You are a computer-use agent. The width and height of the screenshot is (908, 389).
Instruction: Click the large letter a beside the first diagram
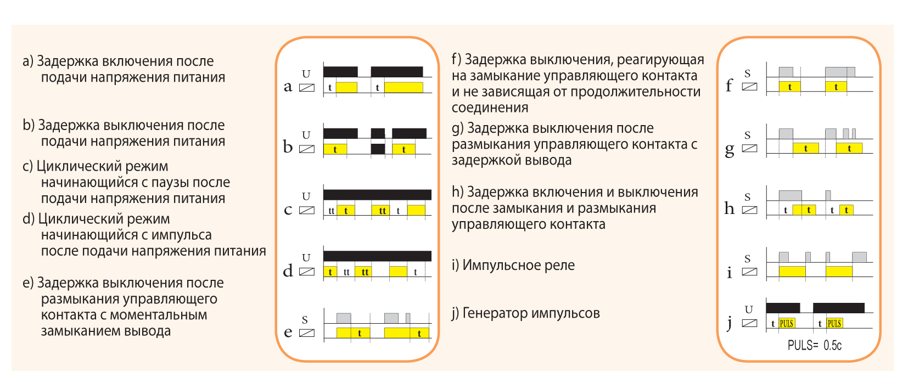[x=288, y=87]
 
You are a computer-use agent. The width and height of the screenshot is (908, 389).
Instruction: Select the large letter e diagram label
[x=288, y=332]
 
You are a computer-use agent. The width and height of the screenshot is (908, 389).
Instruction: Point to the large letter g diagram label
[x=729, y=150]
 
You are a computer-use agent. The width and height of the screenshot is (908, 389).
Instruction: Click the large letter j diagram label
[x=729, y=324]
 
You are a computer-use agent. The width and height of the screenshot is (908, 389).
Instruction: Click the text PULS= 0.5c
[x=814, y=346]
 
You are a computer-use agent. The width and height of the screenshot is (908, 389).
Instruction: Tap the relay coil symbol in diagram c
[x=307, y=210]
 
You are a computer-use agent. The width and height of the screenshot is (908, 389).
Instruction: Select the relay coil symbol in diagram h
[x=749, y=210]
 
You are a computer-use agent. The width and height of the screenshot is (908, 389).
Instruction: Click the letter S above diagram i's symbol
[x=748, y=258]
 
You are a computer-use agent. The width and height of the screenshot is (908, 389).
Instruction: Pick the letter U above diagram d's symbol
[x=306, y=258]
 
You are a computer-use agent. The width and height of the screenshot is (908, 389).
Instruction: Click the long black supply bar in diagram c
[x=377, y=194]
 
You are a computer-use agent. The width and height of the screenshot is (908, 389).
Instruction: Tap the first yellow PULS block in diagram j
[x=787, y=323]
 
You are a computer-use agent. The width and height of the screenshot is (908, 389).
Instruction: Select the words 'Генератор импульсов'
[x=531, y=313]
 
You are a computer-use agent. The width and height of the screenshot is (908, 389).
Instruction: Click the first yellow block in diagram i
[x=792, y=272]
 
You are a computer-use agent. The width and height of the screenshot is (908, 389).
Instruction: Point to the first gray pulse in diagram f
[x=786, y=72]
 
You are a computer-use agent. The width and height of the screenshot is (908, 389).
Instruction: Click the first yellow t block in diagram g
[x=806, y=148]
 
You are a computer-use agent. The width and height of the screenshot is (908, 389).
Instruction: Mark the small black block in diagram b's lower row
[x=378, y=149]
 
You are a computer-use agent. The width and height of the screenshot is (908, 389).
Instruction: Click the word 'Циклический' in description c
[x=102, y=167]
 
